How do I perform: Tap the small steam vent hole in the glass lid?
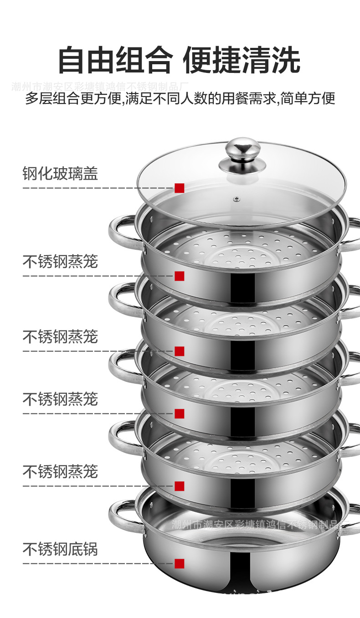[237, 199]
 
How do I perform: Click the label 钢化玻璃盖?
[60, 174]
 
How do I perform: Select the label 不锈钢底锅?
[60, 549]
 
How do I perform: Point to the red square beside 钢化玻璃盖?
[179, 188]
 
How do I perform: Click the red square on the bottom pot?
[179, 563]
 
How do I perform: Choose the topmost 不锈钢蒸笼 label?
[60, 262]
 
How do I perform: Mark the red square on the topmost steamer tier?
[179, 276]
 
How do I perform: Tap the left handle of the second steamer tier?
[120, 299]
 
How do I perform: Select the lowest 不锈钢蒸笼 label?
[60, 471]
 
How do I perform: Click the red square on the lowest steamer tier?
[179, 486]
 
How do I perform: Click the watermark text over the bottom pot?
[260, 525]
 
